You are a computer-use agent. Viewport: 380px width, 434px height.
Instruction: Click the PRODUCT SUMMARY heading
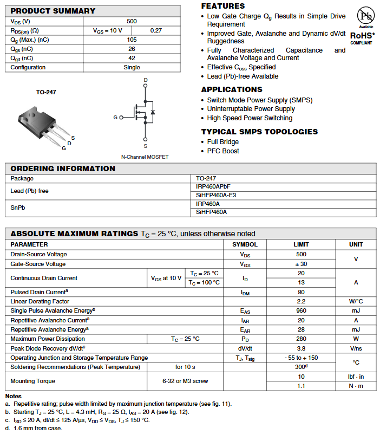point(53,11)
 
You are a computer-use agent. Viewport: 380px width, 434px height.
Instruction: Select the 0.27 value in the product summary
point(156,30)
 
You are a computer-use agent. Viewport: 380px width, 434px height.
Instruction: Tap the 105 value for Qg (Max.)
point(132,40)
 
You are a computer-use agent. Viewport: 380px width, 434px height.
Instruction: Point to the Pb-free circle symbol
point(366,15)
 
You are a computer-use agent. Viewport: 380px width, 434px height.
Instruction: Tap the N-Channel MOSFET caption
point(145,157)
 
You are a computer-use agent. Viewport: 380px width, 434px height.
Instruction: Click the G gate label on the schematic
point(115,117)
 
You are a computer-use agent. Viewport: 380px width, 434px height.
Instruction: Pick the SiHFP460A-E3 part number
point(216,195)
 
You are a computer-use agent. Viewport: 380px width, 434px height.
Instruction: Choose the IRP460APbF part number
point(215,186)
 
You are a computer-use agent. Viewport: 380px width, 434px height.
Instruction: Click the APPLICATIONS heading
point(232,89)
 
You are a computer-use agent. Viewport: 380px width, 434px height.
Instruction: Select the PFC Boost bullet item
point(223,151)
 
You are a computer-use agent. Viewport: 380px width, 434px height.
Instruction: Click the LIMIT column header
point(301,244)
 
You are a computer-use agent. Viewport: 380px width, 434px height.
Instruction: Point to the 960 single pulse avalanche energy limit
point(301,310)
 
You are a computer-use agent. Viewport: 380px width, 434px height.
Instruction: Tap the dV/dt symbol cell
point(245,348)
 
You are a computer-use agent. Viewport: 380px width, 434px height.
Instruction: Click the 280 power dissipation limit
point(301,339)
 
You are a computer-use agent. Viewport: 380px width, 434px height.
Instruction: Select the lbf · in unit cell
point(356,377)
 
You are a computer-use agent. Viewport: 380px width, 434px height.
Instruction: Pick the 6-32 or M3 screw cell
point(185,381)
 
